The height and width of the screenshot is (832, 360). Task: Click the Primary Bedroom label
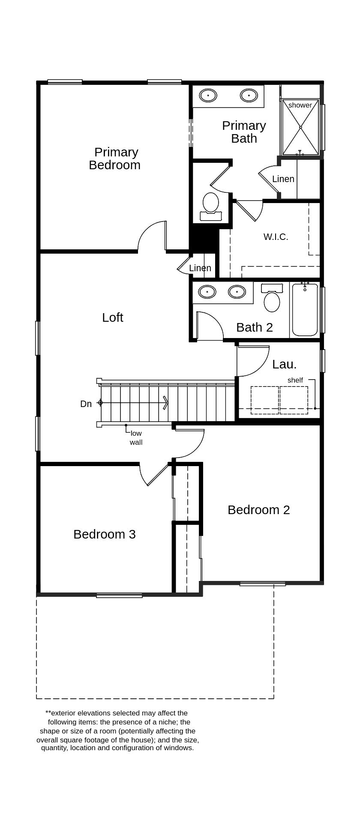[115, 159]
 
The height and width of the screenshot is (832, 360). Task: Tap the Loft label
[113, 317]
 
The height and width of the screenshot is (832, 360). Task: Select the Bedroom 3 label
[105, 534]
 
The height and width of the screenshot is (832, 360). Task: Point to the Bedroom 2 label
[258, 510]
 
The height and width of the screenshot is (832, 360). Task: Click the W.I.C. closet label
[276, 237]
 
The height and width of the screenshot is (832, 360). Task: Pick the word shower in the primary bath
[300, 105]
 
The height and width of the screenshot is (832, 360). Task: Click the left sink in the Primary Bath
[208, 95]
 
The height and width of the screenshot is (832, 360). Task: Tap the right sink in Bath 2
[237, 292]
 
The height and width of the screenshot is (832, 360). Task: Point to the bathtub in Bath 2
[305, 311]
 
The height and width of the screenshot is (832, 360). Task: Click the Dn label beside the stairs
[86, 404]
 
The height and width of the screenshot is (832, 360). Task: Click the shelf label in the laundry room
[295, 380]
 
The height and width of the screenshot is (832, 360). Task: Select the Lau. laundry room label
[284, 364]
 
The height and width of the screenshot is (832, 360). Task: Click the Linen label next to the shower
[283, 179]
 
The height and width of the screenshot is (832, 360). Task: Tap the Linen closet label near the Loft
[200, 268]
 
